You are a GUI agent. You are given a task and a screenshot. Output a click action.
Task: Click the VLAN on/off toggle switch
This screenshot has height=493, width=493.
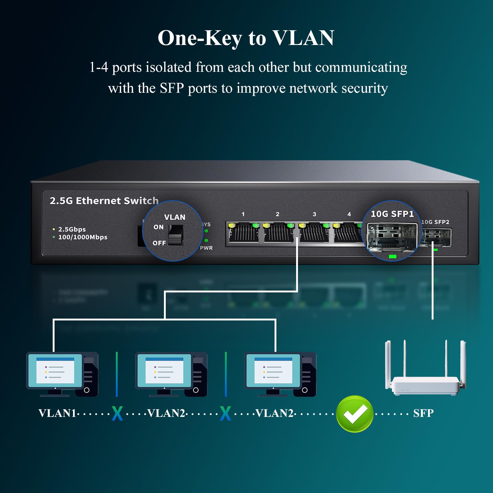pos(176,234)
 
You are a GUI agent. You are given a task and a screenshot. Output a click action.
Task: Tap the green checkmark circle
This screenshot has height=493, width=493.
pos(354,414)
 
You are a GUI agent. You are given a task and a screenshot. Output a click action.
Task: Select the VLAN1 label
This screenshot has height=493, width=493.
pos(57,413)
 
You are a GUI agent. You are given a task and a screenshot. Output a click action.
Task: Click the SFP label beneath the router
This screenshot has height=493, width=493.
pos(423,413)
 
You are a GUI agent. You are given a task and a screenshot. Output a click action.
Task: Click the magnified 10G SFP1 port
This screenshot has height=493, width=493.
pos(392,236)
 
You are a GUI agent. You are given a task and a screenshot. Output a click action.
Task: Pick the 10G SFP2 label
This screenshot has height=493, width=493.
pos(435,222)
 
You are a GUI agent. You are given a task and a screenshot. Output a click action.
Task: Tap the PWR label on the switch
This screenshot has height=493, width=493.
pos(206,248)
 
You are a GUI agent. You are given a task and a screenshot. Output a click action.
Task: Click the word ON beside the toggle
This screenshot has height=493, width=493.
pos(158,227)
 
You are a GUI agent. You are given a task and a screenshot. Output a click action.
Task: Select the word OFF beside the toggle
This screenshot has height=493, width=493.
pos(159,243)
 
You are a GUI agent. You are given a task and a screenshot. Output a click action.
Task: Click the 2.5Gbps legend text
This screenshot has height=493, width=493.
pos(72,229)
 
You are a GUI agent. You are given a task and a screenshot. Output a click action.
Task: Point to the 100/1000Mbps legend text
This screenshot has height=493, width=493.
pos(83,237)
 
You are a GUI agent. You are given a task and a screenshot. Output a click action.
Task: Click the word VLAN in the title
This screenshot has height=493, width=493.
pos(303,38)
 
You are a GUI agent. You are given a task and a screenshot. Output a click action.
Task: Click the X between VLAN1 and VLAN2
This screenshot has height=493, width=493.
pos(117,414)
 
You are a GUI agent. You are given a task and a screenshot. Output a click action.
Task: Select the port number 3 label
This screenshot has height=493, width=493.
pos(314,214)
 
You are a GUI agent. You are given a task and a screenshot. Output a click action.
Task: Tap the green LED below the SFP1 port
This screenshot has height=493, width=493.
pos(392,256)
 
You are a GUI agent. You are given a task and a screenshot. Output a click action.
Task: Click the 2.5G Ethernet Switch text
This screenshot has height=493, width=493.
pos(104,201)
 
